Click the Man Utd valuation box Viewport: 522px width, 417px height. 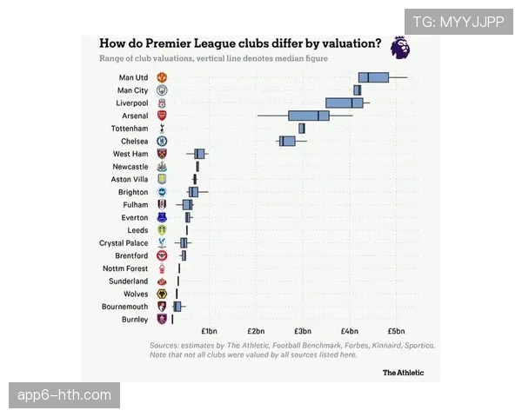tap(373, 77)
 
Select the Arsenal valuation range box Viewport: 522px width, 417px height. tap(309, 116)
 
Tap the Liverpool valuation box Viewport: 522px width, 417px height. tap(345, 103)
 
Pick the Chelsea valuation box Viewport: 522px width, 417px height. tap(287, 141)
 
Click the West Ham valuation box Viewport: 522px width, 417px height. tap(199, 154)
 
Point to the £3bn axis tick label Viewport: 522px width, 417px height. tap(303, 331)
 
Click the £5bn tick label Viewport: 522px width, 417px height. tap(396, 331)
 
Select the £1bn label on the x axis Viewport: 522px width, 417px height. tap(209, 331)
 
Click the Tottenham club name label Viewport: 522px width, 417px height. tap(128, 129)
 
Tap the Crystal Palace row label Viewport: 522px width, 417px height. tap(124, 243)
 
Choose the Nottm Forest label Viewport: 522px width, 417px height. tap(125, 268)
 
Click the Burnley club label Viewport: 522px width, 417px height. tap(135, 320)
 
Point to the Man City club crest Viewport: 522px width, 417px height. tap(161, 90)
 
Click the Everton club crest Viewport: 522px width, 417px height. tap(161, 217)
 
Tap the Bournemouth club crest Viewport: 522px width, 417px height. tap(161, 307)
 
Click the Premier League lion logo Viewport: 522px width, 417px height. tap(399, 47)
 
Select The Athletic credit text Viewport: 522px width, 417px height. tap(404, 373)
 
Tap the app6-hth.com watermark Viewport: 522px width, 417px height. tap(65, 395)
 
